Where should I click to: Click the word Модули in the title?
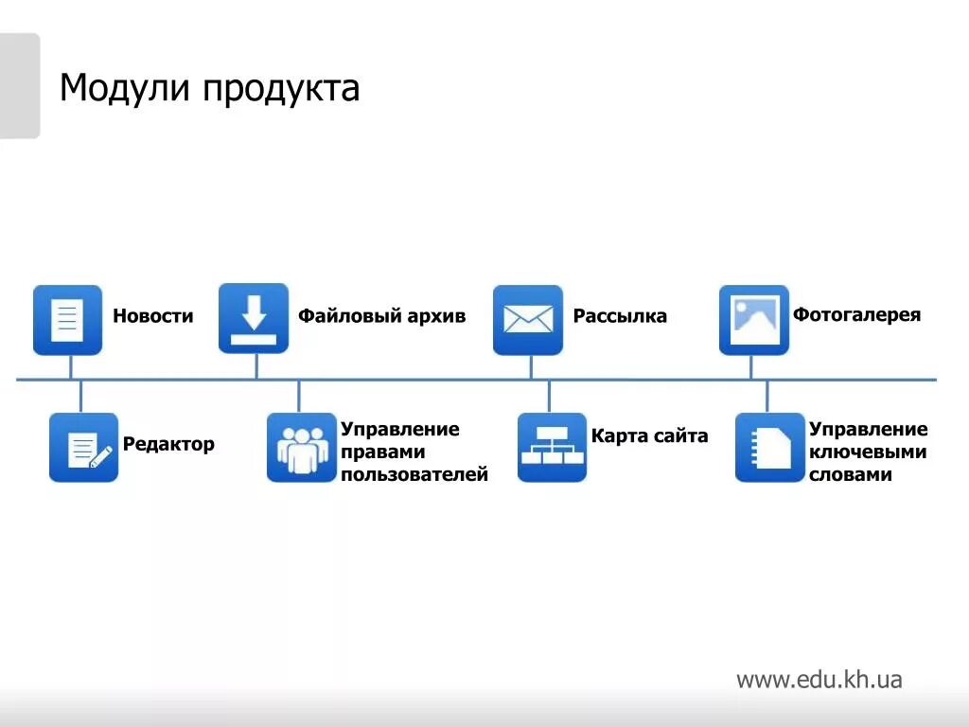pos(125,89)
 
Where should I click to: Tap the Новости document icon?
pos(67,320)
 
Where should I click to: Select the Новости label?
pos(152,316)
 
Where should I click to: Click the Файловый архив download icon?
pos(254,318)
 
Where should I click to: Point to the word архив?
pos(435,316)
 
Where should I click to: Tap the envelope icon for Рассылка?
pos(528,320)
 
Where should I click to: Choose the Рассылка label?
pos(620,316)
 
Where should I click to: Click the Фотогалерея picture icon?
pos(754,320)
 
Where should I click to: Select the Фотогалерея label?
pos(856,314)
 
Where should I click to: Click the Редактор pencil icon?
pos(84,448)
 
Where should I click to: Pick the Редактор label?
pos(168,444)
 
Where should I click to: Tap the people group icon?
pos(302,448)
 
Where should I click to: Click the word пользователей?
pos(414,475)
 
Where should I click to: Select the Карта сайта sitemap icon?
pos(552,448)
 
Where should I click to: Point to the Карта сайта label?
pos(649,436)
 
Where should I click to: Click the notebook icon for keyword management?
pos(769,448)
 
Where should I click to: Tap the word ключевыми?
pos(867,452)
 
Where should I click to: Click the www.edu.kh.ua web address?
pos(819,680)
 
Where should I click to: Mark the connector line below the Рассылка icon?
pos(531,367)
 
